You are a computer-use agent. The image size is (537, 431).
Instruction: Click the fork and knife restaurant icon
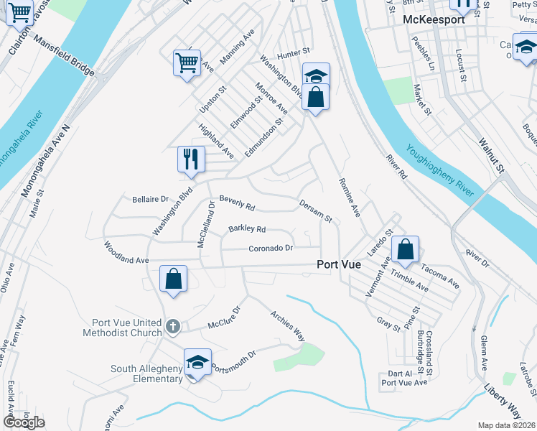tap(191, 159)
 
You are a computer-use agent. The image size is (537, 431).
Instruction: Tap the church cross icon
tap(172, 327)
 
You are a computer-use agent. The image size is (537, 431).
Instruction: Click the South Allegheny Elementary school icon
tap(197, 362)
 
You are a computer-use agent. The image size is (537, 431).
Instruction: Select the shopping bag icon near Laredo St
tap(406, 250)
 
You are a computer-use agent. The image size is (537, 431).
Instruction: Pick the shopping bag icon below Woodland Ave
tap(174, 279)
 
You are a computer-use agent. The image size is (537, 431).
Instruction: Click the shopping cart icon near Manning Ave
tap(187, 62)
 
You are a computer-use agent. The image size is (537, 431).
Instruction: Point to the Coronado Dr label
tap(271, 249)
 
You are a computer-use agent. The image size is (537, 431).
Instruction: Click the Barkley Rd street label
tap(247, 229)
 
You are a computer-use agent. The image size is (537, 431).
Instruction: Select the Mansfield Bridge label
tap(64, 57)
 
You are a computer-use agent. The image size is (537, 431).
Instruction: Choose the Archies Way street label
tap(288, 325)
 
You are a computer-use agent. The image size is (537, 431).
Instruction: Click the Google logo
tap(24, 422)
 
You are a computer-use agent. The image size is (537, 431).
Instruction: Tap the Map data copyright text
tap(507, 425)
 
